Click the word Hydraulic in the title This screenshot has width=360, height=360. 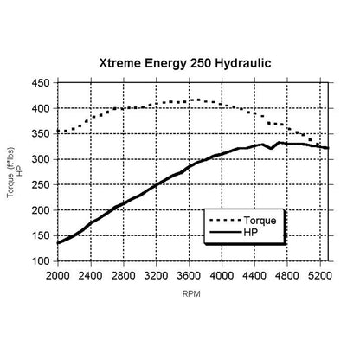click(x=243, y=63)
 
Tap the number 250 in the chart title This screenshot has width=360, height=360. click(x=201, y=63)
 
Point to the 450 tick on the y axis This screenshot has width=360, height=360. click(x=41, y=83)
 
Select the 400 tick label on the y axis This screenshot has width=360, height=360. click(x=41, y=109)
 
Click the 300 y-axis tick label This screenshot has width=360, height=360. click(x=41, y=159)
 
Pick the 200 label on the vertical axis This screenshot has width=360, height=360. click(x=41, y=210)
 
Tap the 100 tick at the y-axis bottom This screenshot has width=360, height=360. click(x=41, y=261)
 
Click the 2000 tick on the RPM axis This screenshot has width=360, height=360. click(x=58, y=276)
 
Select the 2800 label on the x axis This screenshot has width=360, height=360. click(x=124, y=276)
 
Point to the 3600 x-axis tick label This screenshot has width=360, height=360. click(x=189, y=276)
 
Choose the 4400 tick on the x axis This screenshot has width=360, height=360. click(x=254, y=276)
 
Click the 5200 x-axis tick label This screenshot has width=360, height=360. click(x=320, y=276)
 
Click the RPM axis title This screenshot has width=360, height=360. click(x=191, y=294)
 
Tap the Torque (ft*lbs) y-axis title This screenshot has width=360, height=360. click(x=10, y=173)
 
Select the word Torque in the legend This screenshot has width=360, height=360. click(x=260, y=221)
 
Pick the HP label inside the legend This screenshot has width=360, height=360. click(x=251, y=232)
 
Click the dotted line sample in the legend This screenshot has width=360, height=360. click(x=225, y=221)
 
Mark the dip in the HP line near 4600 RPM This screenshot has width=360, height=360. click(x=271, y=148)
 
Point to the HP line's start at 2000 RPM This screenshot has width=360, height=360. click(x=58, y=243)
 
